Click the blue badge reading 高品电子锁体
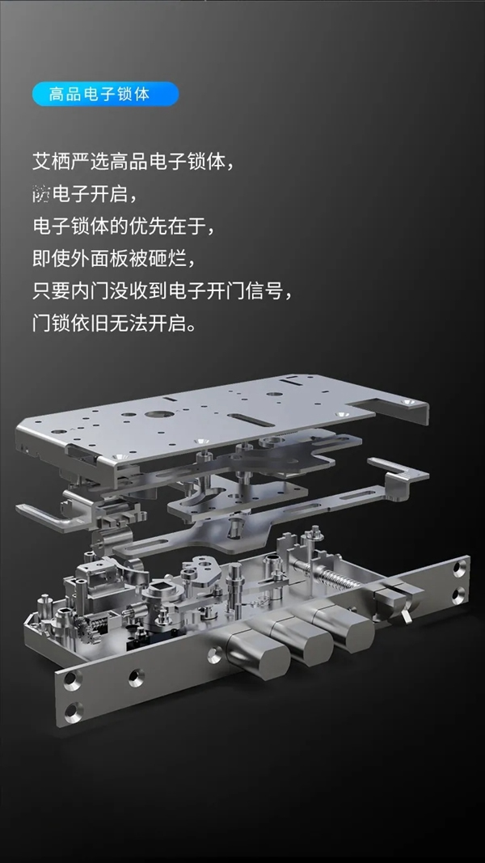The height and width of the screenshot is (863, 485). tap(105, 94)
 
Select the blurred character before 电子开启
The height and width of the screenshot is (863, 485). tap(41, 194)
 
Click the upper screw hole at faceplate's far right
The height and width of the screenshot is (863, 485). tap(460, 569)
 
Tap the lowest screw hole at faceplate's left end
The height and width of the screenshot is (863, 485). tap(71, 710)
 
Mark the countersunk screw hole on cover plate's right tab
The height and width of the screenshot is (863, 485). tap(413, 402)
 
